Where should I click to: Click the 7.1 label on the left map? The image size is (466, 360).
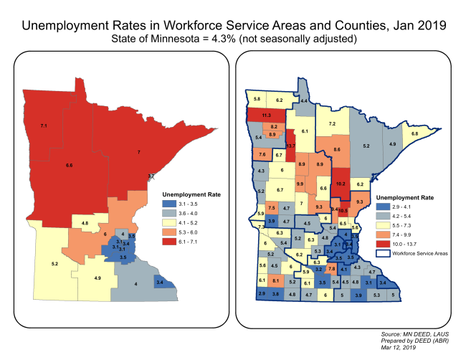click(44, 125)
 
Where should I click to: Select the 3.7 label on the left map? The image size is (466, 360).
click(151, 176)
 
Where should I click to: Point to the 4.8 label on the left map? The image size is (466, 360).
click(85, 224)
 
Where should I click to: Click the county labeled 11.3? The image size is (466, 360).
click(266, 115)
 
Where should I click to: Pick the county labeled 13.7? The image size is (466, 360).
click(290, 146)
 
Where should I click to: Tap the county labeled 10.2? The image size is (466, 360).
click(340, 184)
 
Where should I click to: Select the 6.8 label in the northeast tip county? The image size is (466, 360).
click(414, 134)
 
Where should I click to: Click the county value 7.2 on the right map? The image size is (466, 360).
click(333, 124)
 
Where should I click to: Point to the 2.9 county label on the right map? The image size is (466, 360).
click(261, 294)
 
